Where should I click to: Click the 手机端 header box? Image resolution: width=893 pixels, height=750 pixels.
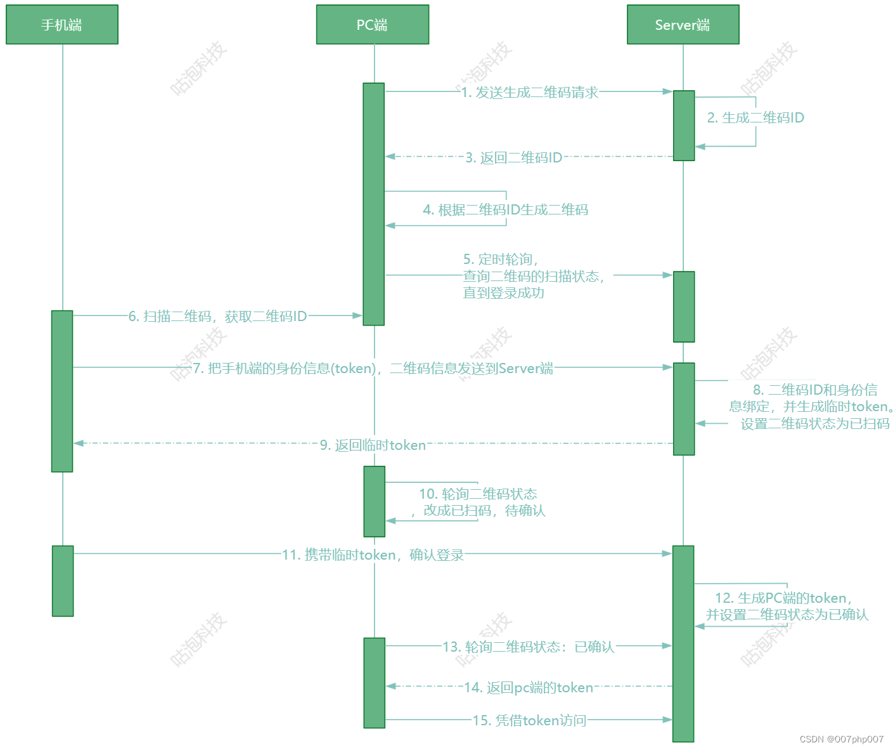(x=62, y=25)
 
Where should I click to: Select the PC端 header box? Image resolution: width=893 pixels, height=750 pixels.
(x=373, y=25)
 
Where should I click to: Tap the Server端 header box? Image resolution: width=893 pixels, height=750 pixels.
(x=683, y=25)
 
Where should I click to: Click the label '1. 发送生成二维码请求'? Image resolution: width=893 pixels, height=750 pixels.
(x=529, y=93)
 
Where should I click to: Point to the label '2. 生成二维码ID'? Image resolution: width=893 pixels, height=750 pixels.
(x=755, y=117)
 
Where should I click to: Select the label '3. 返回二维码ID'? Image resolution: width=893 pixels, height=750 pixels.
(x=513, y=157)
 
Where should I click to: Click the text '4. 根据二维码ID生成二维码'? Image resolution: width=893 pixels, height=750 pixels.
(x=505, y=209)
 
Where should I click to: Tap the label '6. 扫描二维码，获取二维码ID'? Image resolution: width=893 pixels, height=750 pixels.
(x=217, y=316)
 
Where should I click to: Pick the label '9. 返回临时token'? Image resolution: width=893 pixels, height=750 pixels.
(x=373, y=445)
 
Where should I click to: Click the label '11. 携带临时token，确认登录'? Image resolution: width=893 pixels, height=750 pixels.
(x=373, y=555)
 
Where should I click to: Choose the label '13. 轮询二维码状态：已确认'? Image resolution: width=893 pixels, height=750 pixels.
(x=528, y=647)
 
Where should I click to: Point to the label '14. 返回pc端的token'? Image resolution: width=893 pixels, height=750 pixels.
(x=528, y=687)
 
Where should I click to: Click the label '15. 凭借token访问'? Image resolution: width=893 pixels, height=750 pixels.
(x=529, y=720)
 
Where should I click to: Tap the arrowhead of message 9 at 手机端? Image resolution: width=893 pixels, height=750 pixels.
(x=79, y=443)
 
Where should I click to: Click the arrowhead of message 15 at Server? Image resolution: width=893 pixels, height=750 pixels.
(x=667, y=720)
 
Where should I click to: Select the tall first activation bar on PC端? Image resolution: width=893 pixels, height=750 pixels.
(x=373, y=204)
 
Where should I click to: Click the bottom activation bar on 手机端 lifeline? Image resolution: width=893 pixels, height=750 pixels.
(x=63, y=581)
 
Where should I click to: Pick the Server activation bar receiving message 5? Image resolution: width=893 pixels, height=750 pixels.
(x=684, y=306)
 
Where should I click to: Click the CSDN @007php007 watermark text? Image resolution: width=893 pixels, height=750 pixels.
(x=841, y=739)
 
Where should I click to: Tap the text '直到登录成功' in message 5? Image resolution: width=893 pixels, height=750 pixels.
(x=503, y=293)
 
